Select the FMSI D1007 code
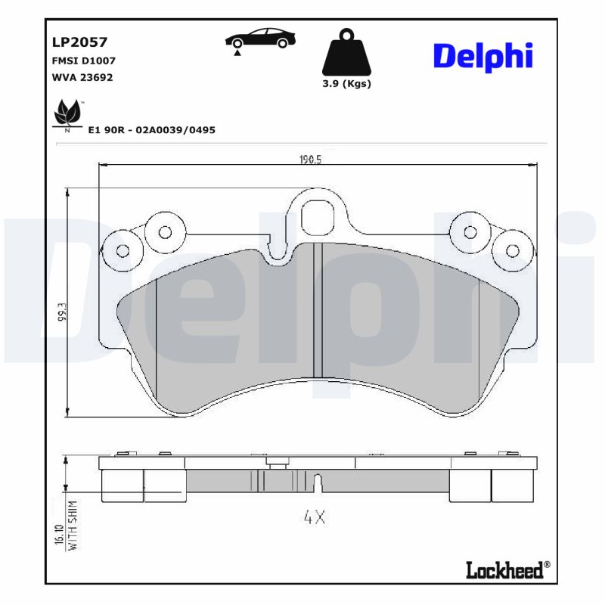(x=83, y=60)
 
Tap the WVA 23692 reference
(x=82, y=77)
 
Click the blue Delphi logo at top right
(x=483, y=56)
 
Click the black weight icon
(x=347, y=53)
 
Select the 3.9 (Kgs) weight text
(x=347, y=84)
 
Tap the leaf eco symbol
(x=67, y=115)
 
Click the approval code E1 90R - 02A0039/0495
(x=152, y=130)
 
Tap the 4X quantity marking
(x=314, y=518)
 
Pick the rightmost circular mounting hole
(x=513, y=251)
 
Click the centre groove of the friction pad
(x=318, y=310)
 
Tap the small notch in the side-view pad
(x=318, y=482)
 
